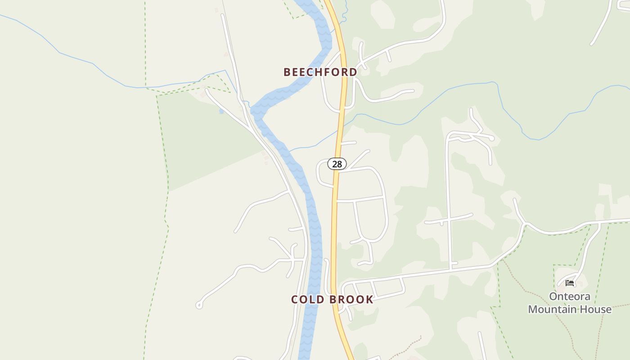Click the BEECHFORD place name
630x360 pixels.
(x=320, y=72)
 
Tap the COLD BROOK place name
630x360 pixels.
(x=332, y=300)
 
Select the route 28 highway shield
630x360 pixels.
(x=337, y=164)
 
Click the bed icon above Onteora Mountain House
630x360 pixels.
(x=570, y=283)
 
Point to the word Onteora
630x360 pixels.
(x=570, y=297)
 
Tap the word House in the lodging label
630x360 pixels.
(x=598, y=310)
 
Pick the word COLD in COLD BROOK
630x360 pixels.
(x=306, y=300)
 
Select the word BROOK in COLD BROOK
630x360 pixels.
(x=351, y=300)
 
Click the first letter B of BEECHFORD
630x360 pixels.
(x=287, y=72)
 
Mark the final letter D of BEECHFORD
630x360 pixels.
(x=353, y=72)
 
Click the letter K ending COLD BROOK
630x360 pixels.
(x=369, y=300)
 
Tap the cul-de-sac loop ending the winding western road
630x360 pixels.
(x=199, y=306)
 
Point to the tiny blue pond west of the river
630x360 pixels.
(x=221, y=111)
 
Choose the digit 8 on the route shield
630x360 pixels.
(x=339, y=164)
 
